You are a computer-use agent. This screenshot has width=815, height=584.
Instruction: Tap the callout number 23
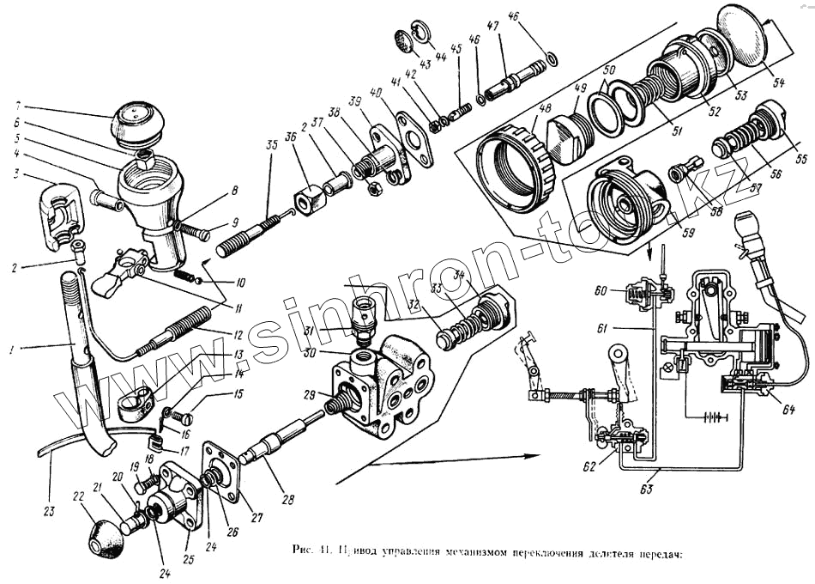point(48,512)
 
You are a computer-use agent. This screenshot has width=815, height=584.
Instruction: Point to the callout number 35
point(273,145)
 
